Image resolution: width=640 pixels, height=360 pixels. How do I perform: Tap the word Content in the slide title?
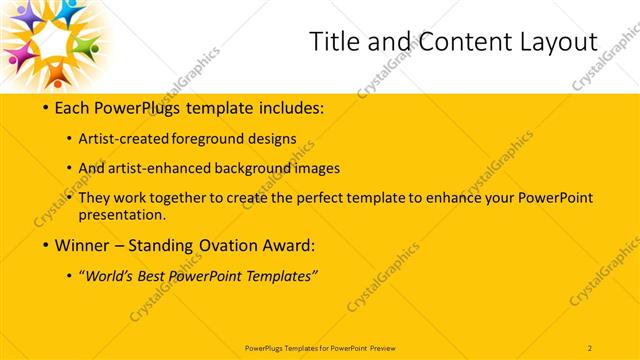(447, 41)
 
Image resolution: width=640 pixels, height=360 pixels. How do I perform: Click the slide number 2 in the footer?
(590, 346)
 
